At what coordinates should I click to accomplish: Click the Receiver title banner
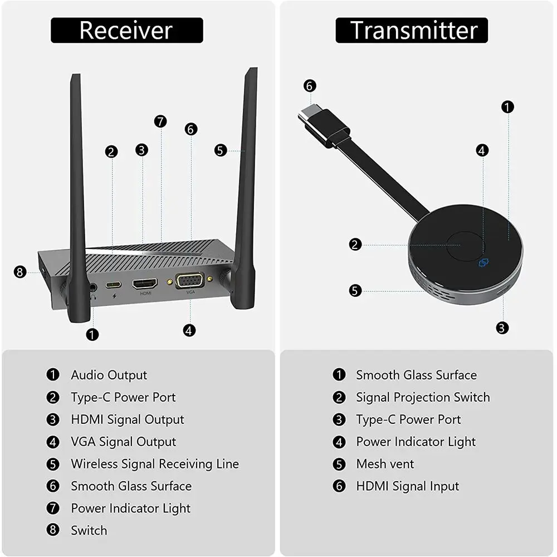127,30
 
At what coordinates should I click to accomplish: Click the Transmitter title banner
412,30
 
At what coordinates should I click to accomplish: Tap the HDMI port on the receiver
145,283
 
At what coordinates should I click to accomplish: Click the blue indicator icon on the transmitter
483,261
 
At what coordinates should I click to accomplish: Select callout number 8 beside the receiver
20,272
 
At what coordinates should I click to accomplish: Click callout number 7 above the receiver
160,121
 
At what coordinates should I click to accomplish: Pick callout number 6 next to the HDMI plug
310,86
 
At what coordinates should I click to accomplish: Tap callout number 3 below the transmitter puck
502,328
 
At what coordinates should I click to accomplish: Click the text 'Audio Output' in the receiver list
109,375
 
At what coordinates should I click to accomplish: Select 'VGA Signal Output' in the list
123,442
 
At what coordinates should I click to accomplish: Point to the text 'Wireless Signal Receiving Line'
154,464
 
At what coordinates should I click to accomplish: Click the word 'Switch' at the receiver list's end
89,530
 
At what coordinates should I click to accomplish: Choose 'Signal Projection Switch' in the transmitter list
423,397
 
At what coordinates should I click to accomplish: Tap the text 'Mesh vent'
385,464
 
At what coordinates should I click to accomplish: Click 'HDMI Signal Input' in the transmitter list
407,486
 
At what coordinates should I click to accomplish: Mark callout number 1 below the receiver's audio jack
92,334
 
